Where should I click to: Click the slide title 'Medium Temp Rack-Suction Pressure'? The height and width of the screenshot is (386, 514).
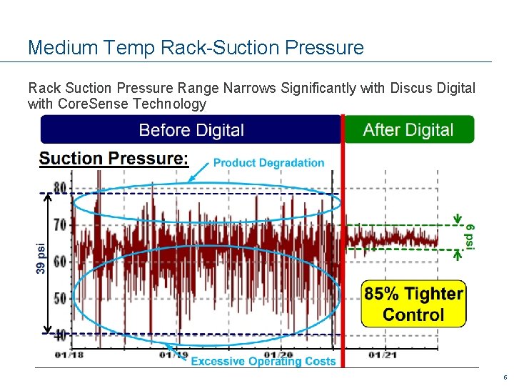tap(196, 48)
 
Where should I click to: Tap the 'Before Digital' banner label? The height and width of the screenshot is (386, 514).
tap(191, 130)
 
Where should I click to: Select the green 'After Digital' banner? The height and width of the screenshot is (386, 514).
tap(408, 130)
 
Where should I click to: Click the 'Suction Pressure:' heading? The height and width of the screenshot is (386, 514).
tap(114, 159)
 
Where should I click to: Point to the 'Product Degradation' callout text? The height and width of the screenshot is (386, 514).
tap(268, 163)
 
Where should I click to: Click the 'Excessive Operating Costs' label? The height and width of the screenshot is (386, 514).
tap(263, 361)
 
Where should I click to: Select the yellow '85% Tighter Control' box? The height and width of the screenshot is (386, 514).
tap(413, 304)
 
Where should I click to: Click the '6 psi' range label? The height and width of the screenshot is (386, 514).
tap(470, 234)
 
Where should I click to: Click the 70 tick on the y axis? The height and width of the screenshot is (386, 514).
tap(60, 224)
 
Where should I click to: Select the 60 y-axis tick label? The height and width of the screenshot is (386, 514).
tap(60, 261)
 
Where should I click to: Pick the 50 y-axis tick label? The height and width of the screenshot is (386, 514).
tap(60, 297)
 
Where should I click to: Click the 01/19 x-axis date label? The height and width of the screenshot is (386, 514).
tap(173, 354)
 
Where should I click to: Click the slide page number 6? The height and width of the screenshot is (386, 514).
tap(505, 377)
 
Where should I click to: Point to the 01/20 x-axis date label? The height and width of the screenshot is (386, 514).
tap(278, 353)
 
